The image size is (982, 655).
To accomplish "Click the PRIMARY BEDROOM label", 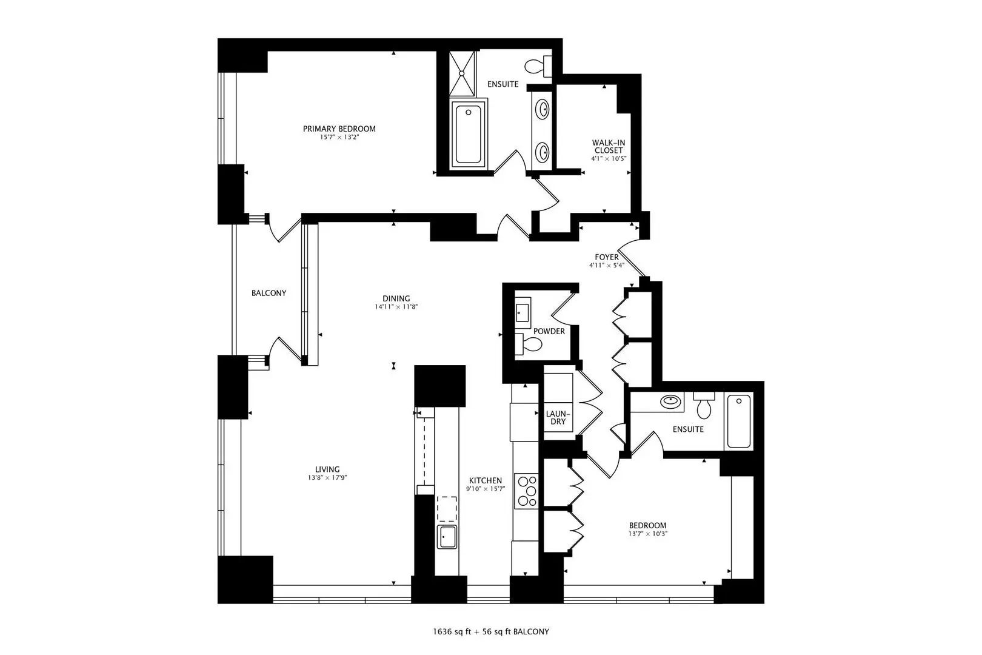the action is pyautogui.click(x=339, y=129).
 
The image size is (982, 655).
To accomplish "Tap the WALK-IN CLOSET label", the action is pyautogui.click(x=609, y=147).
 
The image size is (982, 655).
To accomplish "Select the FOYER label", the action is pyautogui.click(x=607, y=257).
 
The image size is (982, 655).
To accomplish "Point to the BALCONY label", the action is pyautogui.click(x=269, y=293).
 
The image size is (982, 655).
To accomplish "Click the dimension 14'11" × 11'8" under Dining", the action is pyautogui.click(x=396, y=307).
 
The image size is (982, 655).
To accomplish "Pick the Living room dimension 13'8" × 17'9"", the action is pyautogui.click(x=327, y=478).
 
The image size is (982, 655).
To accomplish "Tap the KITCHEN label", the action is pyautogui.click(x=486, y=480).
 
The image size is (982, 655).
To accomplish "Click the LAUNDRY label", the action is pyautogui.click(x=558, y=418).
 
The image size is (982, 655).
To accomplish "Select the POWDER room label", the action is pyautogui.click(x=549, y=331).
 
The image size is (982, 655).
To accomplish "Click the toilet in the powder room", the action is pyautogui.click(x=529, y=344).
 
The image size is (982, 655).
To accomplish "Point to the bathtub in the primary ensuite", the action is pyautogui.click(x=468, y=134).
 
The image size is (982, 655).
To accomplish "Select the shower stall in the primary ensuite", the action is pyautogui.click(x=462, y=74).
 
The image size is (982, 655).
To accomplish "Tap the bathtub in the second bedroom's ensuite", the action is pyautogui.click(x=739, y=421).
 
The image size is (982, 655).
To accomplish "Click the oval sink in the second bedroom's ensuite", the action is pyautogui.click(x=671, y=400).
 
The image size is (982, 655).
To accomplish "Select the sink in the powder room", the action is pyautogui.click(x=522, y=312).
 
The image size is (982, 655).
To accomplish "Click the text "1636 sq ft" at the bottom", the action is pyautogui.click(x=452, y=632).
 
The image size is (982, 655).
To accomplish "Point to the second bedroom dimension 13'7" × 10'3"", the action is pyautogui.click(x=648, y=534).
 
